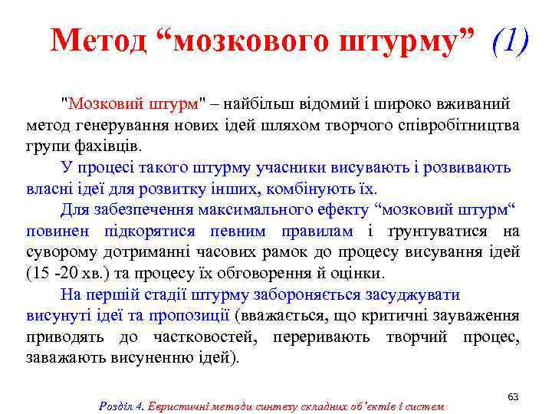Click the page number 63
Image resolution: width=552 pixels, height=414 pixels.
pyautogui.click(x=513, y=396)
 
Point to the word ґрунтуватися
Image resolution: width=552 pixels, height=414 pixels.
pyautogui.click(x=437, y=231)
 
